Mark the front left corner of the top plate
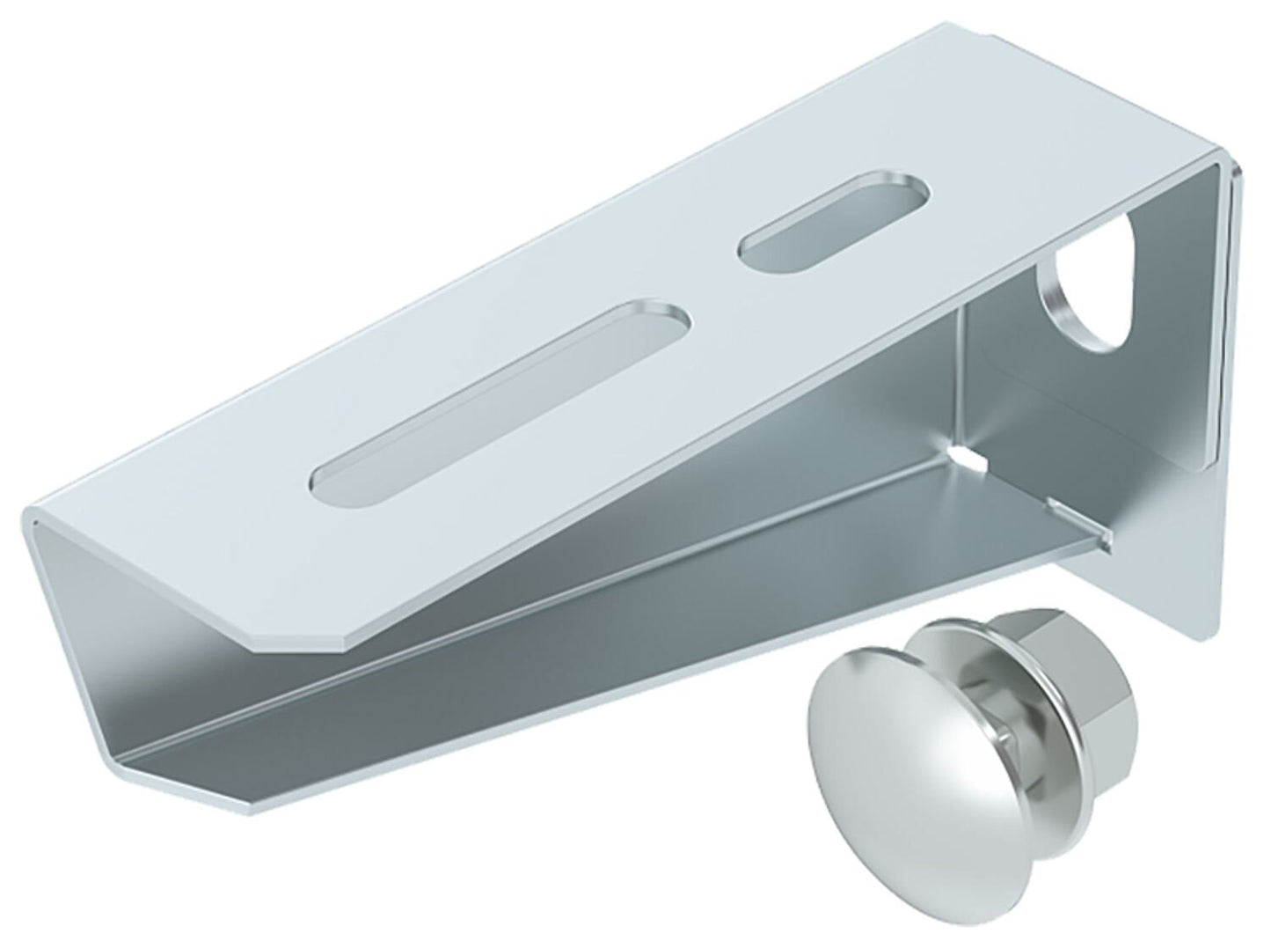(x=35, y=519)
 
